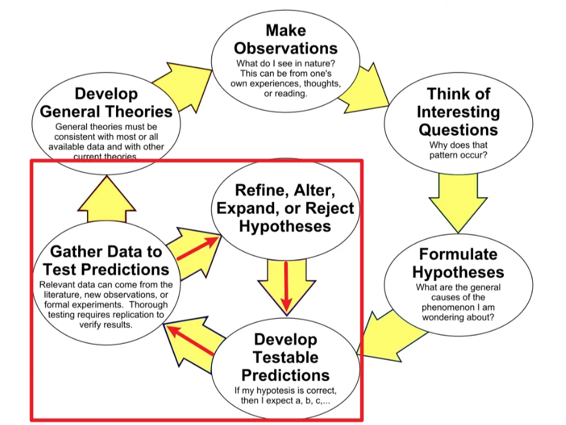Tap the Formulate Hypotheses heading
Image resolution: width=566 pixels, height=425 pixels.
click(458, 263)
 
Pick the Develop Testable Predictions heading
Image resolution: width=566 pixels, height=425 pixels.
click(286, 357)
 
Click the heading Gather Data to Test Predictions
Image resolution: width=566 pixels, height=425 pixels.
click(105, 260)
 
